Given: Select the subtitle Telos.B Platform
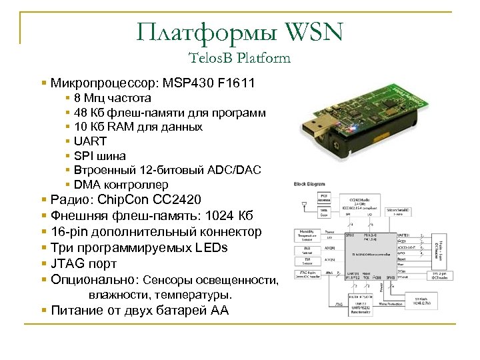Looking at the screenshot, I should (240, 58).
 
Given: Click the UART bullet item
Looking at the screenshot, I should (90, 141).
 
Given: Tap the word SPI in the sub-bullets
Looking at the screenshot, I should (85, 156).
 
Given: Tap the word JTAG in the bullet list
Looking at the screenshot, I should (67, 264).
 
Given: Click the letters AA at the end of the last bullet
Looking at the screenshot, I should (219, 310).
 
